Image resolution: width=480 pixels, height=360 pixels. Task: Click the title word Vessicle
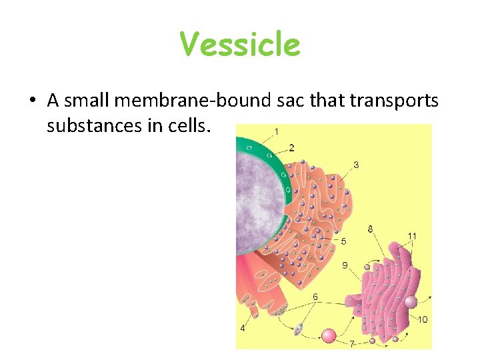[240, 45]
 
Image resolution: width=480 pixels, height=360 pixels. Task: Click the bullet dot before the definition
[32, 102]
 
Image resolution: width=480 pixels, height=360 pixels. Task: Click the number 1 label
[277, 129]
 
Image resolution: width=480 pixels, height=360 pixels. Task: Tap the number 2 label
[291, 147]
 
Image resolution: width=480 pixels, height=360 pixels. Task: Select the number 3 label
[356, 164]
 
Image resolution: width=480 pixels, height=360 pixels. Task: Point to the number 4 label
[243, 328]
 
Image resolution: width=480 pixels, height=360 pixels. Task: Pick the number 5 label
[343, 241]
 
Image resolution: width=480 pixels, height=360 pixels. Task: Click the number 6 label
[315, 296]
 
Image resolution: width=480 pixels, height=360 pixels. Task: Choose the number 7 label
[351, 344]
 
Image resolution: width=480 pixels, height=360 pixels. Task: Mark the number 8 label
[370, 229]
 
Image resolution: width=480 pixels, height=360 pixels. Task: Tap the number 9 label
[345, 265]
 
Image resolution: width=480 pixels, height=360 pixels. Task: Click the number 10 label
[423, 319]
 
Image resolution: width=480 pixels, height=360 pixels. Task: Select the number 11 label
[412, 236]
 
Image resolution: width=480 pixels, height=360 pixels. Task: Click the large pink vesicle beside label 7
[329, 335]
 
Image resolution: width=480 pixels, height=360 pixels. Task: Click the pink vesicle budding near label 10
[411, 302]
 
